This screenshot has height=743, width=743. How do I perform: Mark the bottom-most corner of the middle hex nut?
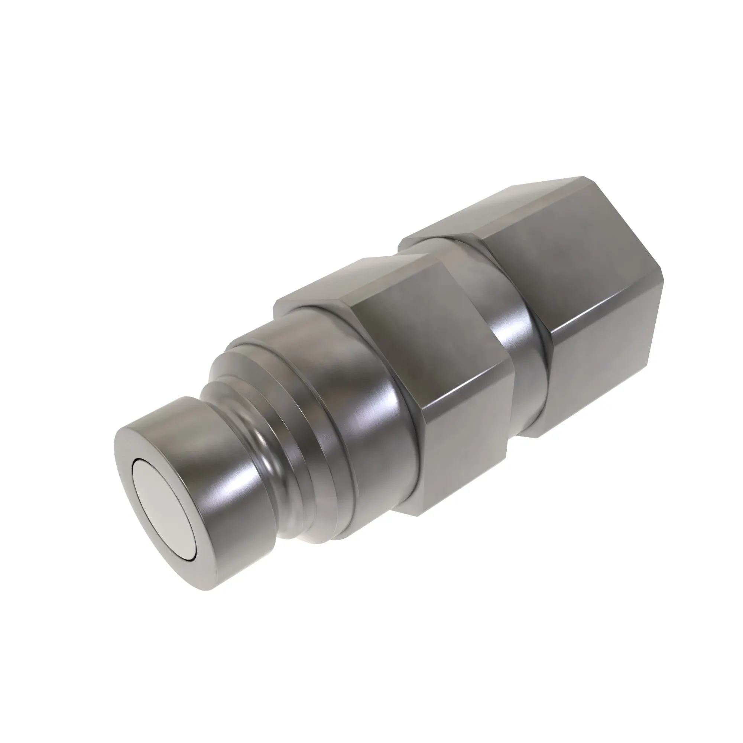419,515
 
